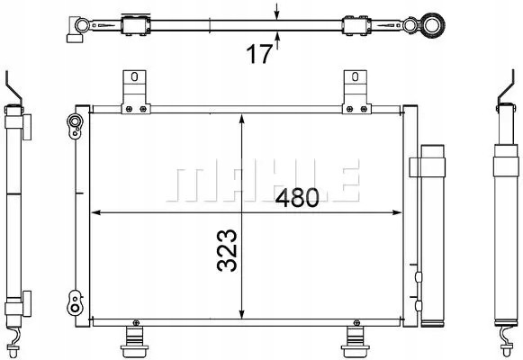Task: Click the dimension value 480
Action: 297,198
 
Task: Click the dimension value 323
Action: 227,250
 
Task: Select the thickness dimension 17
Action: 259,54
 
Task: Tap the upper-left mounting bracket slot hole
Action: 134,76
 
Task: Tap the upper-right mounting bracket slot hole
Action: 356,76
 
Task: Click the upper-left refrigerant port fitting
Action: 75,125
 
